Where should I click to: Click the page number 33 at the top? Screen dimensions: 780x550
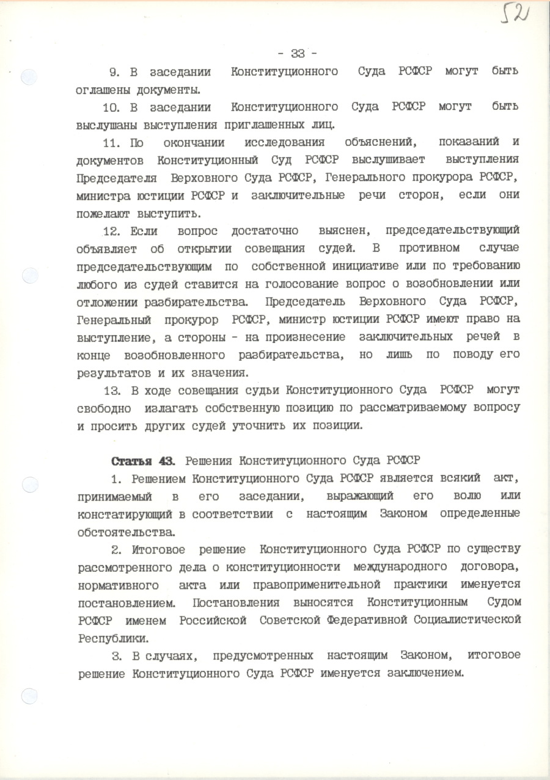click(299, 52)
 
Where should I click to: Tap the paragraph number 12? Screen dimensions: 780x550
click(115, 231)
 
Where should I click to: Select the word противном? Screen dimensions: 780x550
click(427, 249)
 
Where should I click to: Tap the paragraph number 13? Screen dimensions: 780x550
click(115, 390)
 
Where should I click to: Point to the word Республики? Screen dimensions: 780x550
click(112, 637)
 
